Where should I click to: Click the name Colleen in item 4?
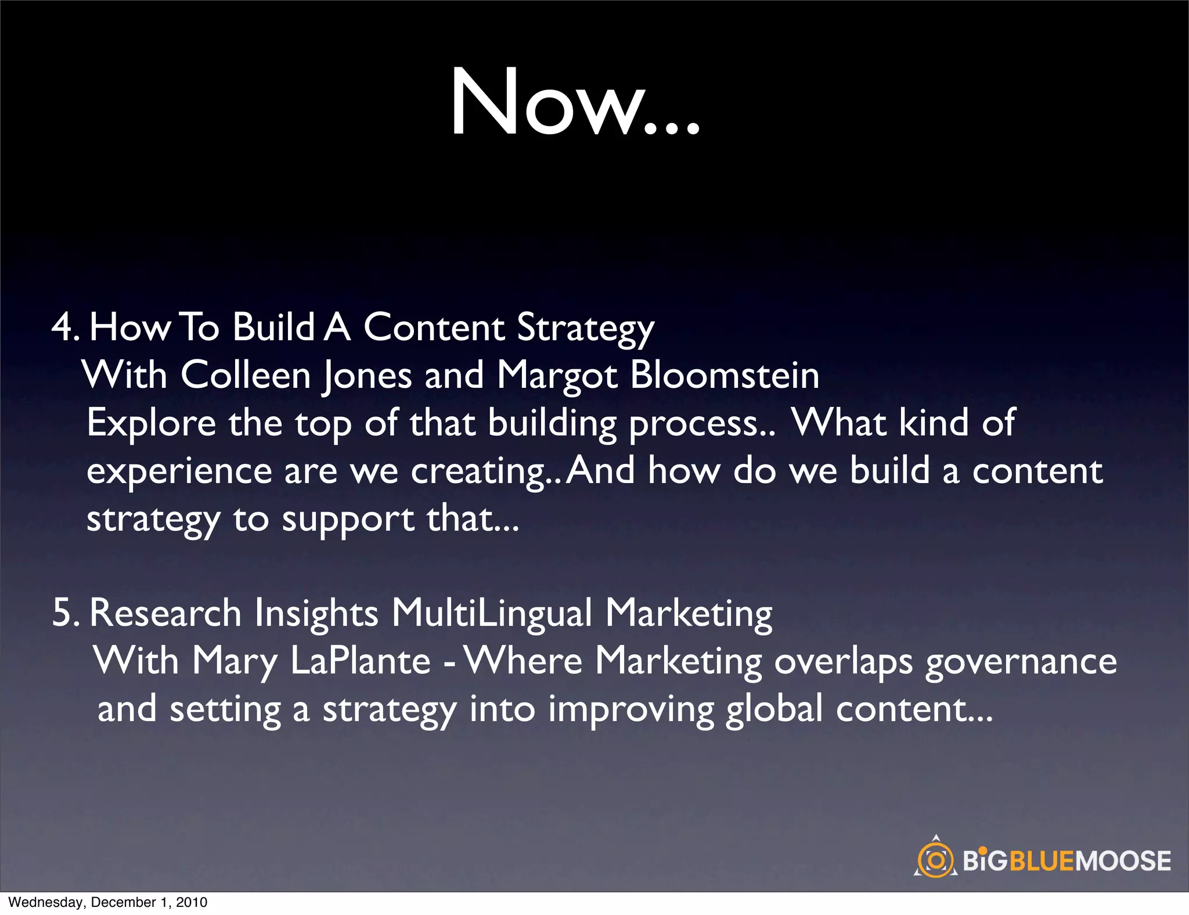(x=246, y=375)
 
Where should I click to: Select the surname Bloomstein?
(x=725, y=375)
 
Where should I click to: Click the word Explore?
(x=151, y=424)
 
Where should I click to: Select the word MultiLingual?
(x=492, y=613)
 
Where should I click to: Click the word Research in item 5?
(x=165, y=613)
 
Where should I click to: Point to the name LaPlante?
(x=360, y=662)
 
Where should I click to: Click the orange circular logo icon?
(x=935, y=860)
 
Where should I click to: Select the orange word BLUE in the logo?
(x=1042, y=860)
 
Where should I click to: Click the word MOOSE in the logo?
(x=1123, y=860)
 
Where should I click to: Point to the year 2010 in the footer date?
(x=192, y=902)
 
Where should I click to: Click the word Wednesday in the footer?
(x=45, y=902)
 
